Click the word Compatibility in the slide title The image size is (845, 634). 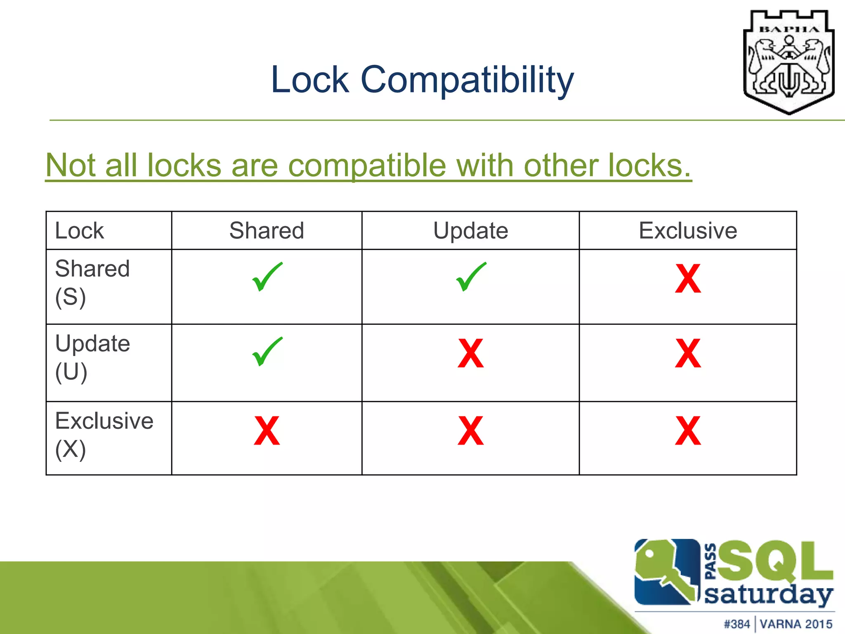[x=467, y=80]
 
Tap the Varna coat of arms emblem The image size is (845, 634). [x=788, y=62]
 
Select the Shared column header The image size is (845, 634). [x=267, y=230]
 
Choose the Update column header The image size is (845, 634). [x=470, y=230]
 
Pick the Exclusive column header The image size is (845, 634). [x=688, y=230]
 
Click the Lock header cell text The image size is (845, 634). [x=79, y=230]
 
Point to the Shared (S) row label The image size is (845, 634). [x=92, y=282]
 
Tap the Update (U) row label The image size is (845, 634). [x=92, y=357]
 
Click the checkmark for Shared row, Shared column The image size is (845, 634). [x=267, y=277]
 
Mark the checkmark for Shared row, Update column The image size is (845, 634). [x=471, y=277]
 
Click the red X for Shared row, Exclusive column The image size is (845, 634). [x=688, y=279]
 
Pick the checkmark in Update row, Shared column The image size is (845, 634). [x=267, y=352]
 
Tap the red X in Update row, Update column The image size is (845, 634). [x=470, y=354]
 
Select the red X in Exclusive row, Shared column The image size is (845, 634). [x=267, y=431]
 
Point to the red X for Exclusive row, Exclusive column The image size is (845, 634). [x=688, y=431]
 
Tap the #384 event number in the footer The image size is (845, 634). [x=737, y=624]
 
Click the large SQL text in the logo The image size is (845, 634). [x=776, y=561]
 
